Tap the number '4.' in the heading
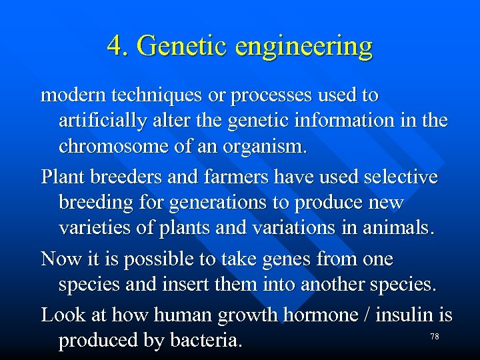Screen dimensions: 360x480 click(119, 46)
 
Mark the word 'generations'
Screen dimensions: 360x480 click(211, 203)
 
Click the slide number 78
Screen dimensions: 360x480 click(434, 337)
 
